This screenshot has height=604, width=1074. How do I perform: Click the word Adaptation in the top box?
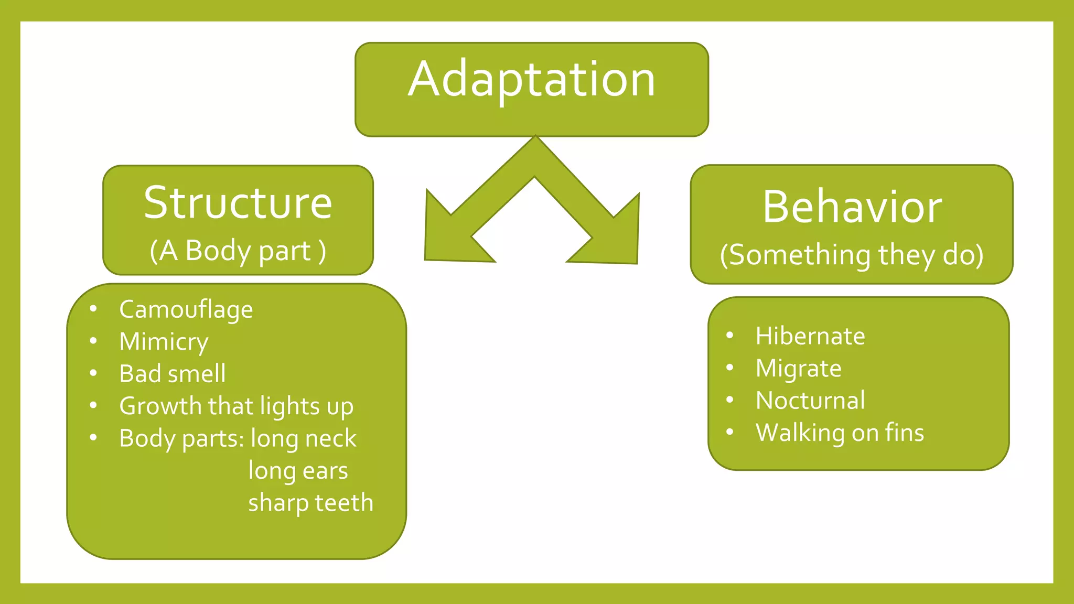[x=532, y=80]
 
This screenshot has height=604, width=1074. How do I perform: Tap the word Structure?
[x=238, y=203]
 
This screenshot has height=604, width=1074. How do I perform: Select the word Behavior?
[x=852, y=207]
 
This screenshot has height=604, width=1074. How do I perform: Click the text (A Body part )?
[x=238, y=251]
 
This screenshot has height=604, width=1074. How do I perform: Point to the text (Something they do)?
[x=852, y=255]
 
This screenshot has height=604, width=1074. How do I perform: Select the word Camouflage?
[x=186, y=309]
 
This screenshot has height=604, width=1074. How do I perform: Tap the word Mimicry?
[x=164, y=342]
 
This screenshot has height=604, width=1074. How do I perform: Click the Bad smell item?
[x=172, y=374]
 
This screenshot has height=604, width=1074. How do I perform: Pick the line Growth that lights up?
[x=236, y=406]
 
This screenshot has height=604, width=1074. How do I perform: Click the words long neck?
[x=304, y=438]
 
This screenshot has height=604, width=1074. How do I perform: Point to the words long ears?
[x=298, y=471]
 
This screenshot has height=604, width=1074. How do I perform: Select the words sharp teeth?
[x=310, y=503]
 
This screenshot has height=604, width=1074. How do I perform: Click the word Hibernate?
[x=810, y=336]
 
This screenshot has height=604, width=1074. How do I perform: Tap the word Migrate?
[x=798, y=369]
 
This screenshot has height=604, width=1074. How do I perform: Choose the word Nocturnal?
[x=810, y=401]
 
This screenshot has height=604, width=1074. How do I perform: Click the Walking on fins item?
[x=840, y=433]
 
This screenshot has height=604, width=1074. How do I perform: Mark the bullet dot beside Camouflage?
[x=93, y=309]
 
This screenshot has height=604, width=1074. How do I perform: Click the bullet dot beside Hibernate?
[x=729, y=336]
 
